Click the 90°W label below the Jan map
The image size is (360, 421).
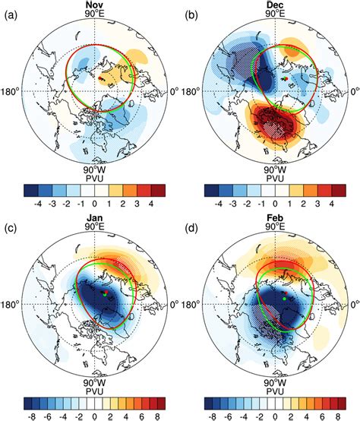[93, 382]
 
